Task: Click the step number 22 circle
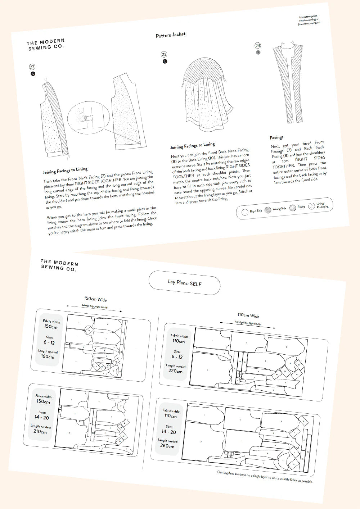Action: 32,67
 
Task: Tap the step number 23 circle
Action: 164,54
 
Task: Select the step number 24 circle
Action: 258,45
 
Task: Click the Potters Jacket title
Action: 171,35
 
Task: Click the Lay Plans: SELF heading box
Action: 184,283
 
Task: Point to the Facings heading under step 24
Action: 276,137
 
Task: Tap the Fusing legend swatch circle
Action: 293,208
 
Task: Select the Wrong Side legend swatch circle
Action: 267,210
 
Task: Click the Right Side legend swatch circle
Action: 244,212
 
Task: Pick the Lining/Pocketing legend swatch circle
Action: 312,206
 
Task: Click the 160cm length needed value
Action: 48,356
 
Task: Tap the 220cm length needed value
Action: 175,371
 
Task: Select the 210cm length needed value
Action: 40,431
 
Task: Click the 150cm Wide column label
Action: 95,299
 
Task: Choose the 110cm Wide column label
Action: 248,315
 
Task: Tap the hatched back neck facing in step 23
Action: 203,71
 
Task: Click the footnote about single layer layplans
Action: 265,477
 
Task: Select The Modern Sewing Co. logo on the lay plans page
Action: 59,265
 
